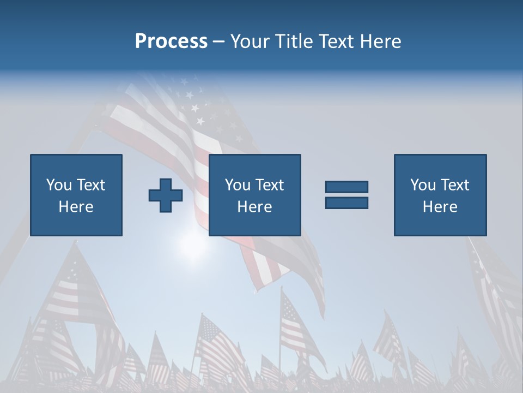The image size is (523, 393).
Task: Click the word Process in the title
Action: (171, 41)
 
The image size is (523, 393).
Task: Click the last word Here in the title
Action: (380, 41)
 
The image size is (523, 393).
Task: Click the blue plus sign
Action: (166, 195)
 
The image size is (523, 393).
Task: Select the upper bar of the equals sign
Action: (346, 187)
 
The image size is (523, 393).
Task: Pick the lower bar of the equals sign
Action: (346, 203)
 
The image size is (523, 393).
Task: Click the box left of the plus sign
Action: (76, 195)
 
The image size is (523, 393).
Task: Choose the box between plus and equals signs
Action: (255, 195)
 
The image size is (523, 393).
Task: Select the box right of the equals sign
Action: (440, 195)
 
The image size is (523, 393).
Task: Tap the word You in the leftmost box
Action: (58, 185)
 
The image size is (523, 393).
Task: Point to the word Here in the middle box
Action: (254, 207)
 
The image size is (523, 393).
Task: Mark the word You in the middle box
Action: (237, 185)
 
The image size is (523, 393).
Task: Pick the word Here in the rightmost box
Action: (440, 207)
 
